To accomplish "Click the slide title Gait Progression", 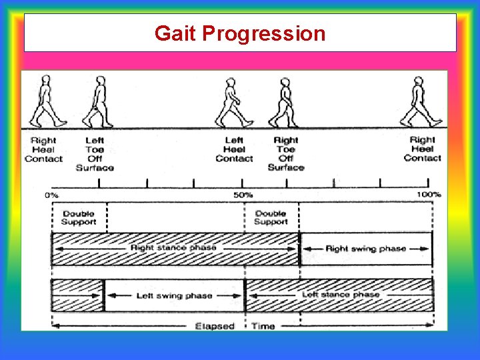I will tap(240, 33).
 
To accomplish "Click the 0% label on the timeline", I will tap(51, 195).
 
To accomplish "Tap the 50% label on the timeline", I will tap(243, 195).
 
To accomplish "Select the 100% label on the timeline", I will tap(429, 195).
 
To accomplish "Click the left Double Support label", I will tap(79, 217).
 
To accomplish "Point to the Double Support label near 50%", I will tap(271, 217).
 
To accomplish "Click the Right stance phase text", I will tap(173, 248).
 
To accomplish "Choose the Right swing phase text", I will tap(365, 249).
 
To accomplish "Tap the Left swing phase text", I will tap(174, 296).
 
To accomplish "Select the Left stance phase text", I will tap(340, 294).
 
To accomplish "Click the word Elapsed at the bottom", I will tap(214, 326).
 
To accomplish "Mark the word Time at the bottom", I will tap(263, 326).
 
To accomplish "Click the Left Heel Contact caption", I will tap(234, 149).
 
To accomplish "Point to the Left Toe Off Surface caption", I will tap(95, 154).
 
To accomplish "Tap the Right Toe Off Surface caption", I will tap(285, 154).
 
